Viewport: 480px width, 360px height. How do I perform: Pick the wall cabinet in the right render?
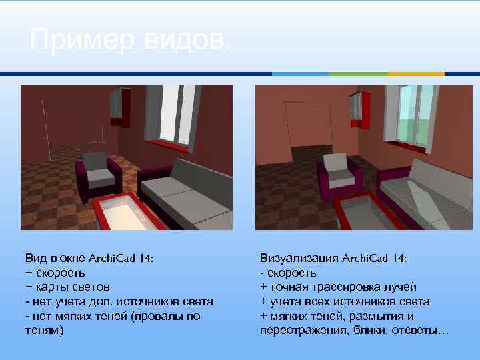pos(361,107)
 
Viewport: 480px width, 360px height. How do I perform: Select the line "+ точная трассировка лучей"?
pos(338,287)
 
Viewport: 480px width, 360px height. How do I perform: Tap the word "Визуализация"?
pos(298,258)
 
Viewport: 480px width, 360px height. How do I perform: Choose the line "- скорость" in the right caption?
pos(288,273)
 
